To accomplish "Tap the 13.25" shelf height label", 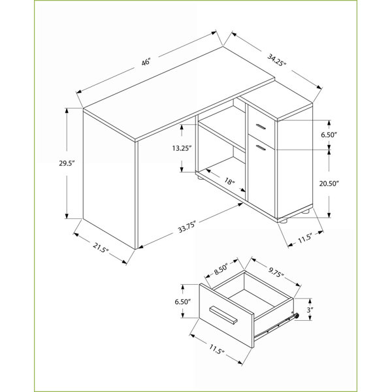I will click(x=182, y=148).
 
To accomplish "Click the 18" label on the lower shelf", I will click(x=229, y=180).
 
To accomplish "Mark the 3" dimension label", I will click(x=310, y=310).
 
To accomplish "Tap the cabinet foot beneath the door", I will click(x=283, y=220).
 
